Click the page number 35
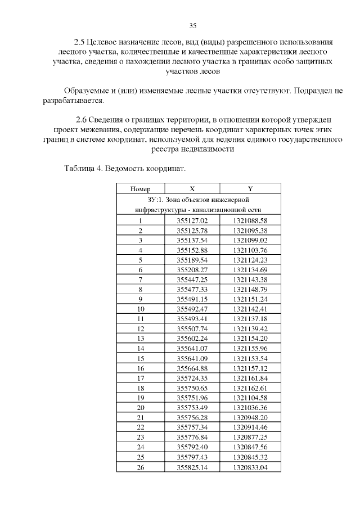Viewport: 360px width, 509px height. [192, 26]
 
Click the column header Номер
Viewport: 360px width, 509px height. [140, 189]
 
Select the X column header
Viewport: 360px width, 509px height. [192, 189]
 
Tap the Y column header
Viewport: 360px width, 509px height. [250, 189]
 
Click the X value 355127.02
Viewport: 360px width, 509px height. [192, 221]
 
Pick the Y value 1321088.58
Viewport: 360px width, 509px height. [250, 221]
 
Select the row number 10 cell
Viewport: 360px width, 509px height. [140, 309]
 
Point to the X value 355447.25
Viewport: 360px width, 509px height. [192, 280]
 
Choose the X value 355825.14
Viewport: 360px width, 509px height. [192, 467]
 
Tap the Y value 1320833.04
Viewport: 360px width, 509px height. [250, 467]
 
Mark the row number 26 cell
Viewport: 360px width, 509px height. [140, 467]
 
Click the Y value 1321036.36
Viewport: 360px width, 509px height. [250, 408]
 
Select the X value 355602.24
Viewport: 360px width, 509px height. [192, 339]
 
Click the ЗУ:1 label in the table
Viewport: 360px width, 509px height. [154, 200]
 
